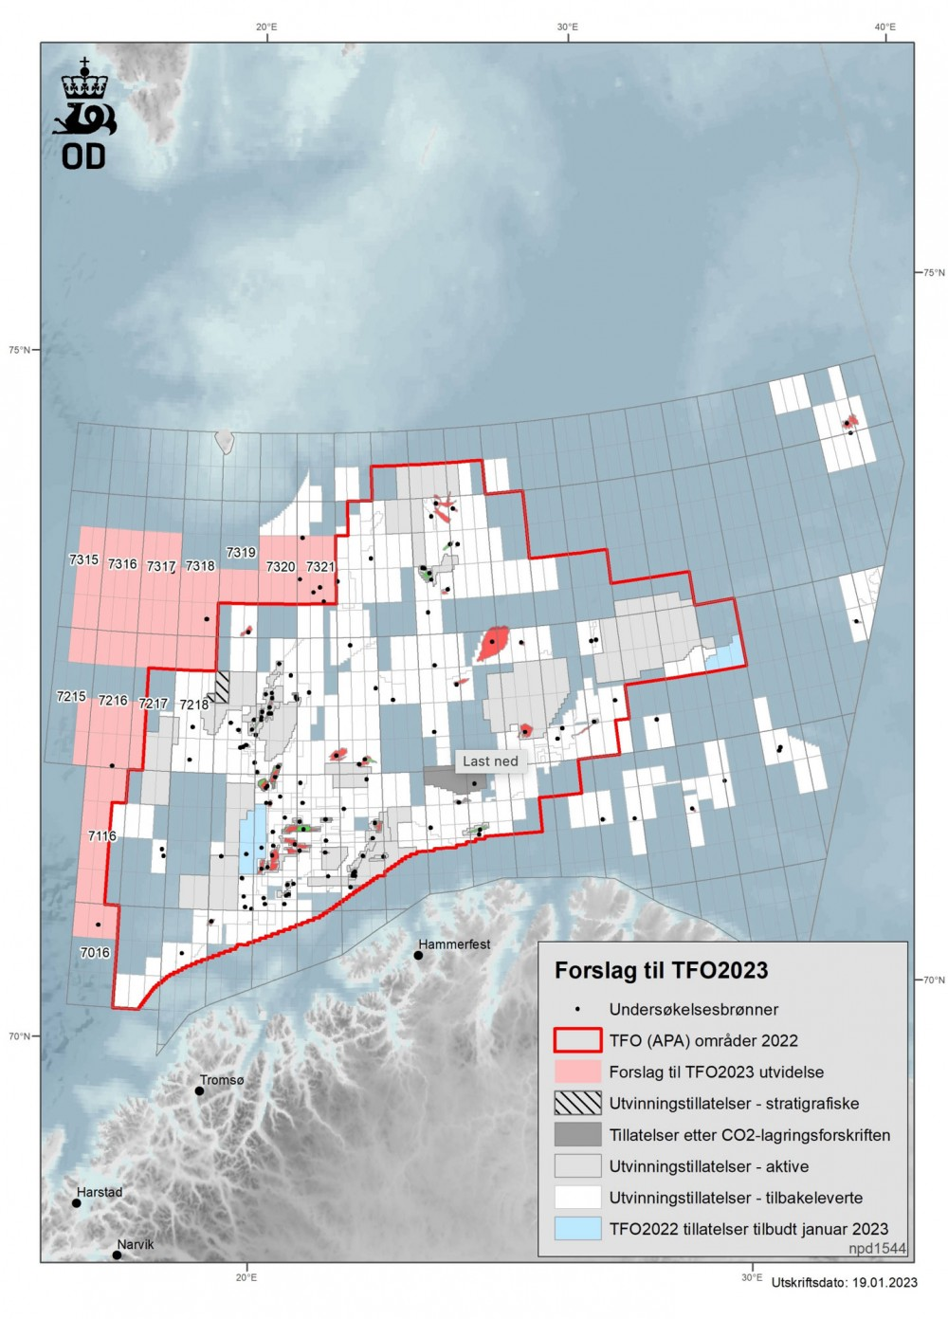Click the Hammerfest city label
(x=455, y=944)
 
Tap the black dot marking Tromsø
(x=200, y=1090)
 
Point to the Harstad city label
(x=100, y=1192)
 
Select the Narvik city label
(x=136, y=1244)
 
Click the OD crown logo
(x=85, y=114)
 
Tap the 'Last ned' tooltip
(x=490, y=760)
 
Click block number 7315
(x=83, y=559)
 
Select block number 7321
(x=320, y=566)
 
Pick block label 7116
(x=101, y=835)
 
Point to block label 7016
(x=95, y=952)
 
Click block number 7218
(x=193, y=705)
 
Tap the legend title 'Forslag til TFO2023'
(x=661, y=970)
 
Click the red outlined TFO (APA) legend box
(x=577, y=1040)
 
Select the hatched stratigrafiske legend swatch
(x=577, y=1103)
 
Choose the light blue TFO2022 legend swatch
(x=577, y=1229)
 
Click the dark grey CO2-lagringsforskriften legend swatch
(x=577, y=1134)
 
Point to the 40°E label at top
(x=884, y=27)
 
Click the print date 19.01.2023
(x=884, y=1282)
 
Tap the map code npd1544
(x=877, y=1249)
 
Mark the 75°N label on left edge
(x=19, y=350)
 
